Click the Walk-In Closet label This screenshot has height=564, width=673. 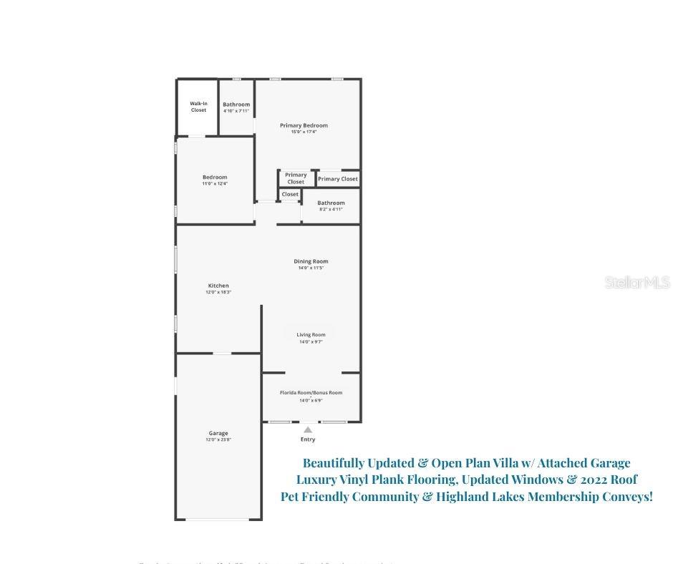click(198, 107)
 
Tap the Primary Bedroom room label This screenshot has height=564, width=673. click(304, 125)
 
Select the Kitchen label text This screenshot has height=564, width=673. click(218, 286)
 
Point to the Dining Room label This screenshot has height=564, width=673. click(311, 261)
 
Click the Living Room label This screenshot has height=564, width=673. click(311, 334)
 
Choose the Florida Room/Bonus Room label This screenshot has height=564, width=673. click(311, 392)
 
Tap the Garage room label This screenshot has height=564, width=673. click(218, 433)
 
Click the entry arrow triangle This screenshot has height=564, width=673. click(308, 429)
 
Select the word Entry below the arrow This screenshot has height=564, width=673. click(308, 439)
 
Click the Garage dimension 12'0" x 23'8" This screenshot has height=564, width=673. click(218, 439)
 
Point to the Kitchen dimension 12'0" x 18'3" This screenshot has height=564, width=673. click(218, 292)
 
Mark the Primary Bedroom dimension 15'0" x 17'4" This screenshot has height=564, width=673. click(304, 132)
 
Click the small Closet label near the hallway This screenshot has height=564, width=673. click(290, 194)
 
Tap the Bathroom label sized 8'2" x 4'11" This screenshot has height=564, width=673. click(331, 203)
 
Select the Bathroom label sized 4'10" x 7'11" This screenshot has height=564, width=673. click(236, 104)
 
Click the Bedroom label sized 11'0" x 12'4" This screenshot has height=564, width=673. click(215, 178)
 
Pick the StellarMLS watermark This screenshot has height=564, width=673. click(637, 283)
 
